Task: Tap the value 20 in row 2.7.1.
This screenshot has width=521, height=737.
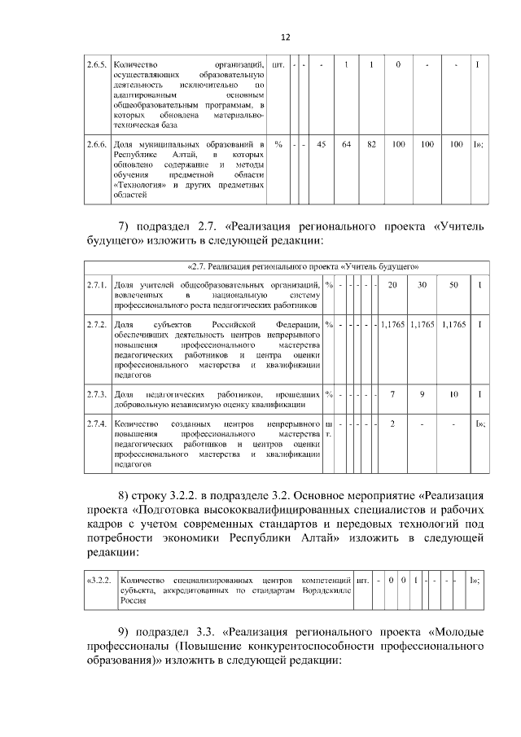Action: pos(392,284)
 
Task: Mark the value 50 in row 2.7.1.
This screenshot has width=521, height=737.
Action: pos(453,284)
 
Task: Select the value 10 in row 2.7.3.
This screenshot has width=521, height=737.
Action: pos(453,394)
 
